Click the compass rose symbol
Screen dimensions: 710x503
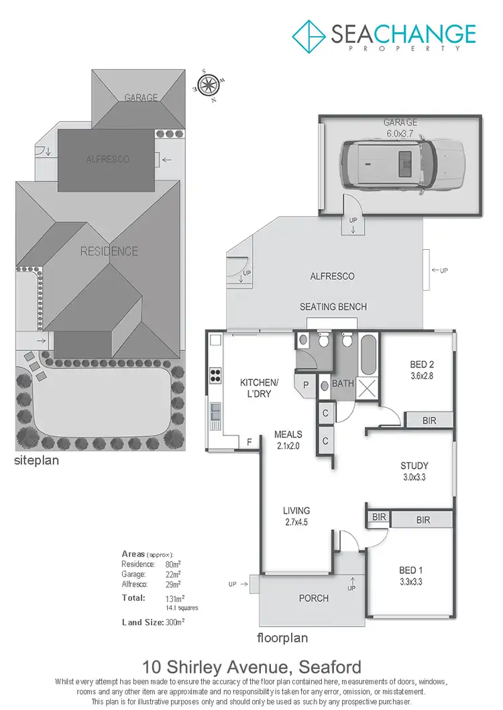[209, 84]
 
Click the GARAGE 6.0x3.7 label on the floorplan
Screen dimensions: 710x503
[400, 128]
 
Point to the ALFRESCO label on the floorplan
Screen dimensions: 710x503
[332, 276]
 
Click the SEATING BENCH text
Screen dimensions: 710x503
[333, 307]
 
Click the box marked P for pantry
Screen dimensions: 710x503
[306, 385]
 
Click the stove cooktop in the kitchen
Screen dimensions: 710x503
[217, 375]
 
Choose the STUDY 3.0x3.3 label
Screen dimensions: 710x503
[414, 472]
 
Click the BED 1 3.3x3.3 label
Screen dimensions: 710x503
[410, 576]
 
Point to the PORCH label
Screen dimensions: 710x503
[313, 597]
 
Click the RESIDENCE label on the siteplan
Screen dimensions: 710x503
[109, 252]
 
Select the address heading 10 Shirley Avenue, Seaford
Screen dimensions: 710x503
[251, 667]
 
